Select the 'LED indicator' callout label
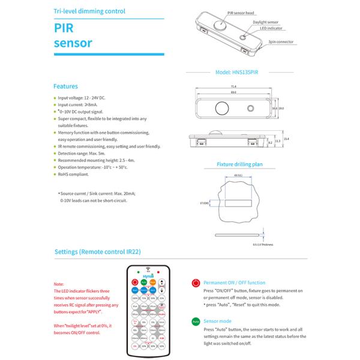(x=271, y=28)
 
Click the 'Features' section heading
(x=65, y=86)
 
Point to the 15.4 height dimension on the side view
(x=287, y=139)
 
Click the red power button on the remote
(x=135, y=281)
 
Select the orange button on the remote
(x=153, y=281)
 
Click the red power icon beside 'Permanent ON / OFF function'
(x=196, y=283)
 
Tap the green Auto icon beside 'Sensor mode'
(x=196, y=322)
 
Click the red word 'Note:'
(x=59, y=283)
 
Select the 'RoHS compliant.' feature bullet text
(x=74, y=175)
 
